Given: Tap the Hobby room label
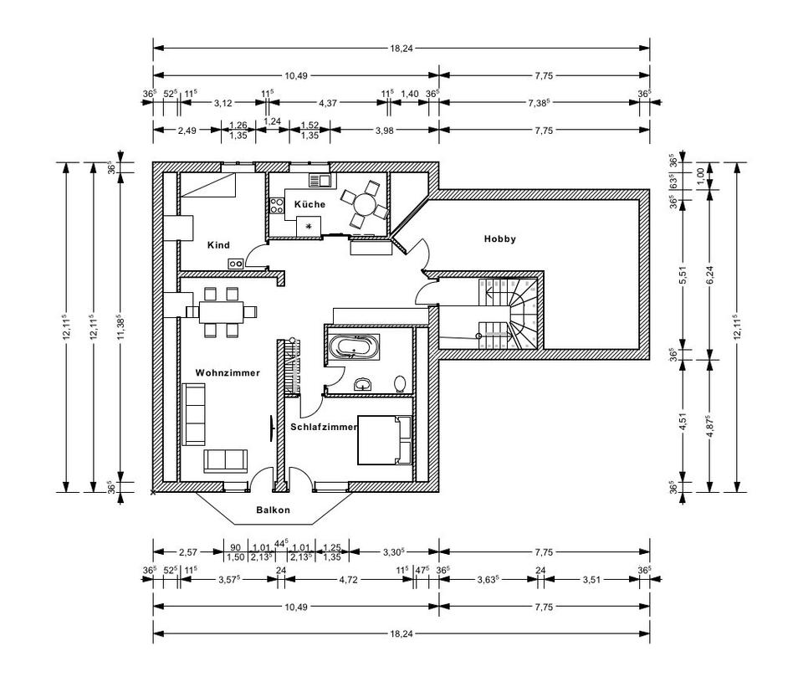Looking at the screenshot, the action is click(500, 238).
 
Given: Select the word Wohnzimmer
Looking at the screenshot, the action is click(228, 372).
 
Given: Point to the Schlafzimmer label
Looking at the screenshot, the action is click(324, 427).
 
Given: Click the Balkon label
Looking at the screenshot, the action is click(274, 510).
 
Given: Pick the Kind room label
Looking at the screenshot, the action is click(218, 245).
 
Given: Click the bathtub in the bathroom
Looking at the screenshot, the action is click(354, 346).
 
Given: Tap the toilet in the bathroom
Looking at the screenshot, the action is click(401, 384).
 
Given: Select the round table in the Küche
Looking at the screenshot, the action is click(365, 203).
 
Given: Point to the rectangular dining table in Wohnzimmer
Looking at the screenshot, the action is click(221, 312).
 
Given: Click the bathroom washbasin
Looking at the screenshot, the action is click(364, 384).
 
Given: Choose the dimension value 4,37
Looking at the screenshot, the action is click(328, 103).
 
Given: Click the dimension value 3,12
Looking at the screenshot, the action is click(222, 103).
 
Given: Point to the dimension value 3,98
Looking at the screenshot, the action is click(384, 130).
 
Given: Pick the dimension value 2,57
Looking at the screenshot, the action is click(187, 552).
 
